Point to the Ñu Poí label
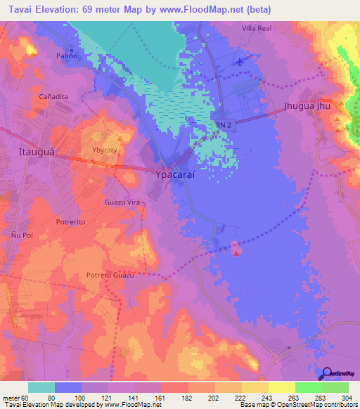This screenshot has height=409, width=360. coord(18,233)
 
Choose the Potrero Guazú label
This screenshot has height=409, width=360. coord(110,275)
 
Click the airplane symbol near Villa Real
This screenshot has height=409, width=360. coord(241,60)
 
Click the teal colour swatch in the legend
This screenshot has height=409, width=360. coord(41,387)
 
